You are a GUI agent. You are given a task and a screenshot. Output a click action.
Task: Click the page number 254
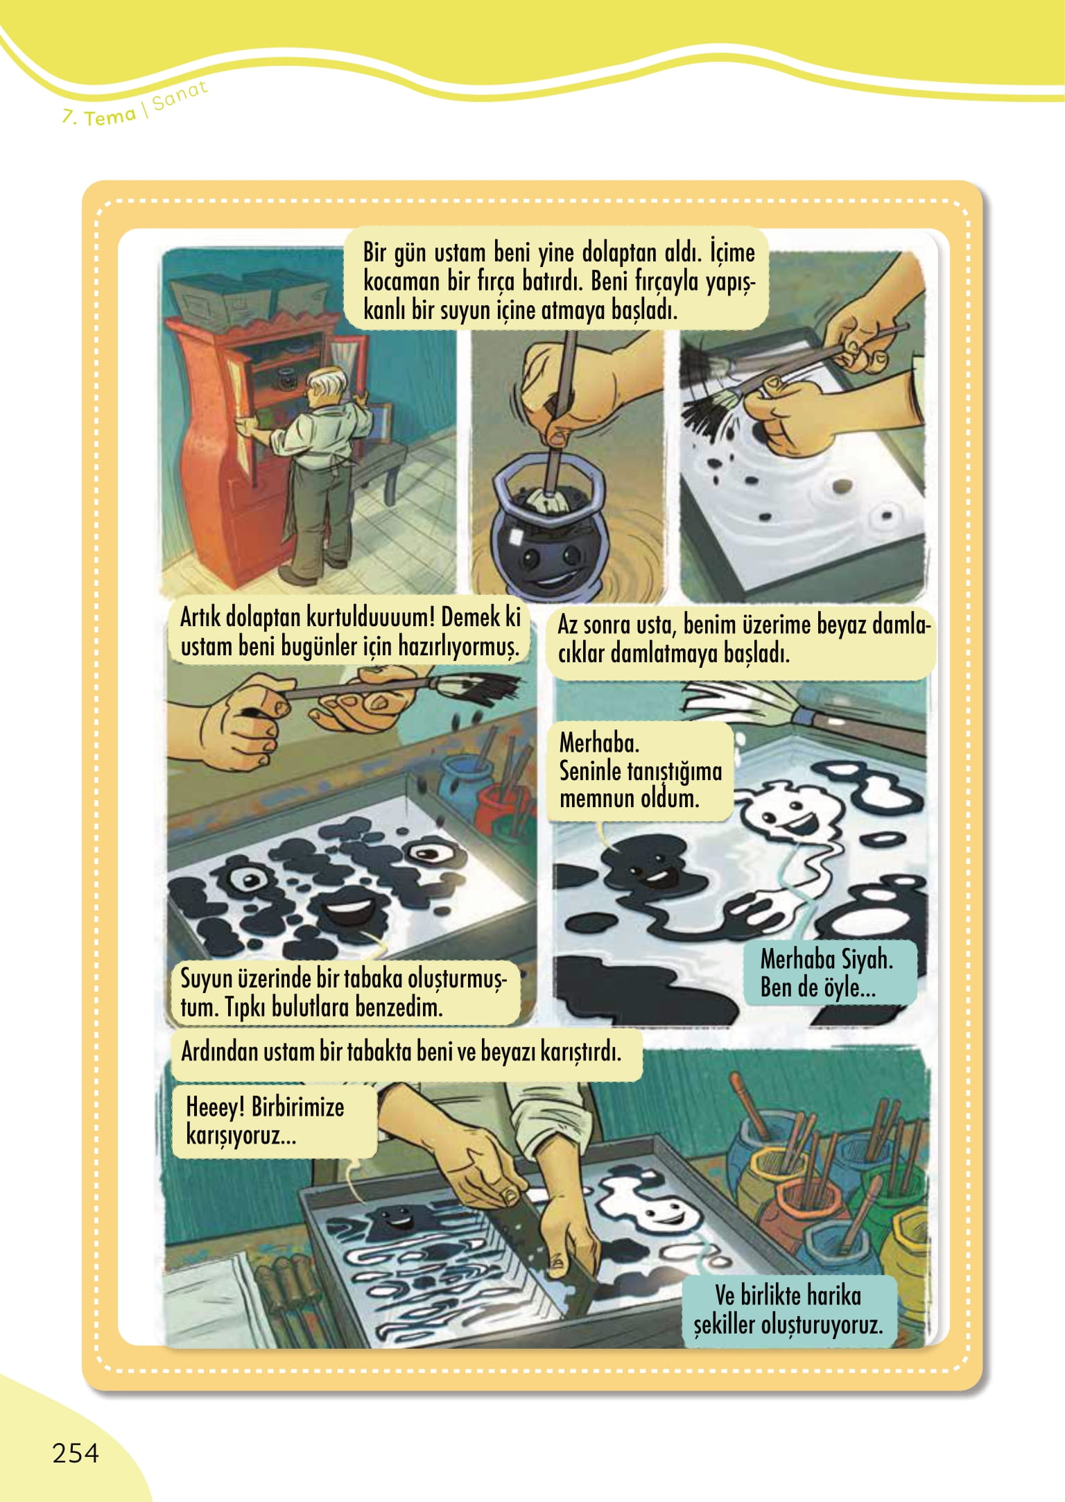tap(76, 1452)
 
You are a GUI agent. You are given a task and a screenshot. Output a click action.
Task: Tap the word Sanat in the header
tap(180, 96)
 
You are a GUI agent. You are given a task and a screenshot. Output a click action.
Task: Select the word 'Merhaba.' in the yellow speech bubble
tap(599, 743)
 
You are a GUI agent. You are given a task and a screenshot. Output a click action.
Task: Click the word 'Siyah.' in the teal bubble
tap(867, 959)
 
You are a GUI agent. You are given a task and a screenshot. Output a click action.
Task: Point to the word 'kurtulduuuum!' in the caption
tap(370, 616)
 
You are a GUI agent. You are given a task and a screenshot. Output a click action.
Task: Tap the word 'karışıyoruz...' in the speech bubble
tap(241, 1137)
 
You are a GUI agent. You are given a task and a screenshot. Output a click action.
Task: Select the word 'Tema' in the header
tap(110, 117)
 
